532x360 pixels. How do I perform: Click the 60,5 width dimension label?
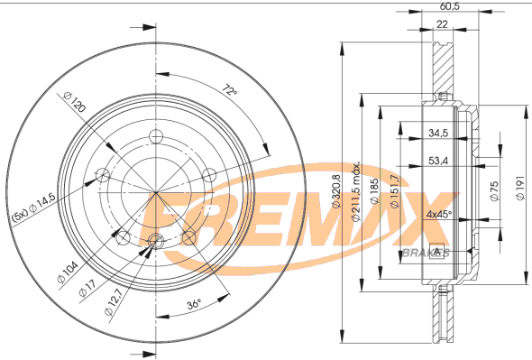pyautogui.click(x=450, y=6)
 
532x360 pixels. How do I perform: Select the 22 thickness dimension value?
pyautogui.click(x=442, y=24)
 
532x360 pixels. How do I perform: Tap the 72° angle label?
pyautogui.click(x=230, y=90)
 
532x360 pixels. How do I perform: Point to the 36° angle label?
pyautogui.click(x=194, y=304)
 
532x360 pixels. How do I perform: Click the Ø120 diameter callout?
pyautogui.click(x=74, y=102)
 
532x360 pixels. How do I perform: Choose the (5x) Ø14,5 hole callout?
pyautogui.click(x=34, y=208)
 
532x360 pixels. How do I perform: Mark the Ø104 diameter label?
pyautogui.click(x=68, y=272)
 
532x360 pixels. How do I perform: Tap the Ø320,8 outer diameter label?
pyautogui.click(x=335, y=191)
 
